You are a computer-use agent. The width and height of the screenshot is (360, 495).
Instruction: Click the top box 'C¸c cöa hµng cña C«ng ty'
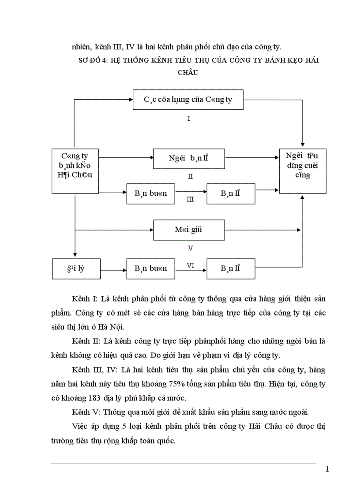[188, 100]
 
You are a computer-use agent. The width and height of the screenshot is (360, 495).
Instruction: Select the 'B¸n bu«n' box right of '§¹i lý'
[150, 268]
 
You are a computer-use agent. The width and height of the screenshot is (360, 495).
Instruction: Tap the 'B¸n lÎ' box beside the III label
[231, 193]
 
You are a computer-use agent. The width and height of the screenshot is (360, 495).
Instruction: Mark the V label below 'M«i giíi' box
[190, 248]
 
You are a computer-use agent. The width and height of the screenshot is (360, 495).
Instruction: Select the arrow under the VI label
[191, 268]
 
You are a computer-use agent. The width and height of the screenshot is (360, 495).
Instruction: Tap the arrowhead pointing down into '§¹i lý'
[75, 255]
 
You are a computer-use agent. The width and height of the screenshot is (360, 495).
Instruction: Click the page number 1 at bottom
[327, 469]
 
